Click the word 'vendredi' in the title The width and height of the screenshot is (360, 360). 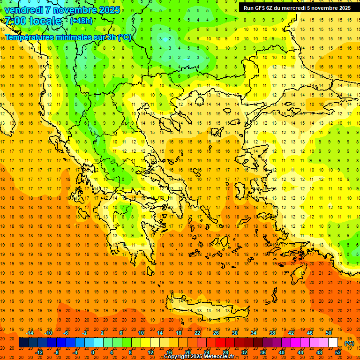(x=24, y=10)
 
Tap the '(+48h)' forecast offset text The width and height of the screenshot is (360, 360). (x=81, y=21)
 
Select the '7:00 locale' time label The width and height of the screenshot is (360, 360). (x=33, y=21)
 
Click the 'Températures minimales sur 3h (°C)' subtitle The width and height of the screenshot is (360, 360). (x=68, y=37)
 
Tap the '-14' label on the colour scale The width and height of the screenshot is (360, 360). (x=30, y=333)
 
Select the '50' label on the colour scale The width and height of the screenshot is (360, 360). (x=328, y=333)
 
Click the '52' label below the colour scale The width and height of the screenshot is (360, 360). (x=337, y=352)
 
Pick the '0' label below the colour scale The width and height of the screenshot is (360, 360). (x=93, y=352)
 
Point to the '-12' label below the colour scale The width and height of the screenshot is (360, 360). (x=39, y=352)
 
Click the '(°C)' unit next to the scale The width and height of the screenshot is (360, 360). (x=349, y=343)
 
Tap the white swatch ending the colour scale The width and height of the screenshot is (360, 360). (x=333, y=343)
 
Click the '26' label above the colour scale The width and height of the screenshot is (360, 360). (x=216, y=333)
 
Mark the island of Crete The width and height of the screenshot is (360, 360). (x=211, y=309)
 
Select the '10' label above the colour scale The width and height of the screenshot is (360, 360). (x=141, y=333)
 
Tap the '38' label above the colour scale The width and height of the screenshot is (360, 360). (x=272, y=333)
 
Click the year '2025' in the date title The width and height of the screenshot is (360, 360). (x=106, y=10)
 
